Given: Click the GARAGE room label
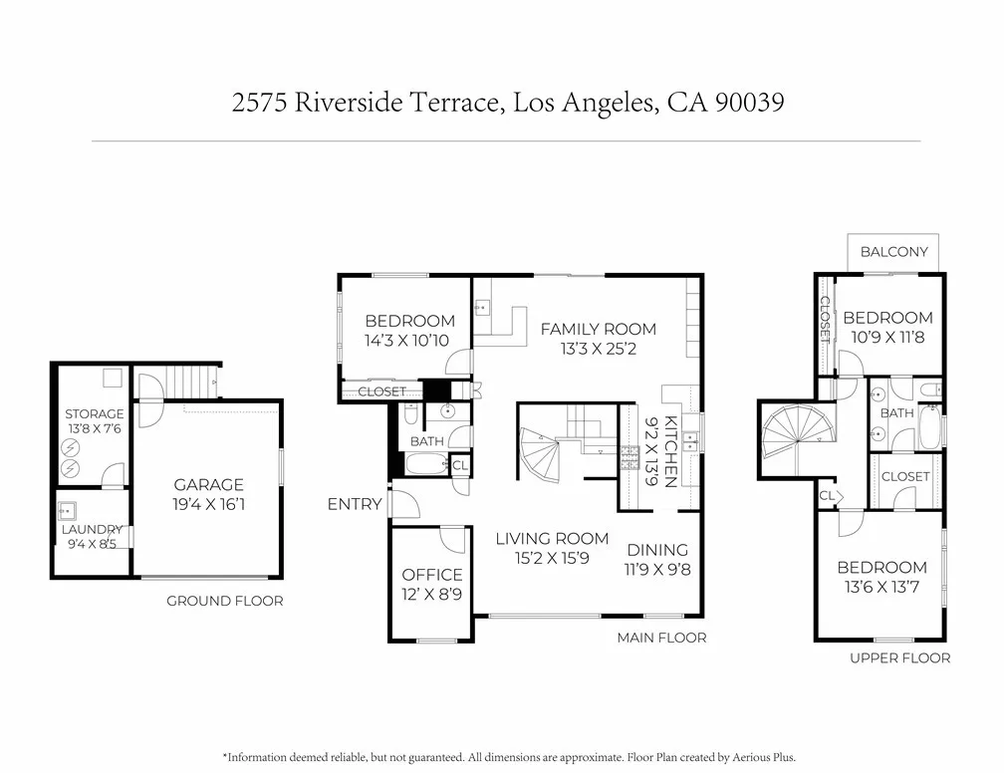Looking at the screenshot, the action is [x=209, y=484].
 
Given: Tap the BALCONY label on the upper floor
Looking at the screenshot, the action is [x=893, y=252].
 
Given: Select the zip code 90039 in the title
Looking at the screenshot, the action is [x=749, y=102].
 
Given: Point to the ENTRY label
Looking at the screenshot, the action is [x=355, y=504].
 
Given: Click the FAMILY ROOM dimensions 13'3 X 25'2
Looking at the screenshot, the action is [x=598, y=349].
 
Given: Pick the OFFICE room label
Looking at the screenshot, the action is [x=432, y=575].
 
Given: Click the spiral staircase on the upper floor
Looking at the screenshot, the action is [x=798, y=430].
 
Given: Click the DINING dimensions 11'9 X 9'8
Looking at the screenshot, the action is [x=657, y=570].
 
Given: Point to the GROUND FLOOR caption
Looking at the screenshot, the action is [x=225, y=601].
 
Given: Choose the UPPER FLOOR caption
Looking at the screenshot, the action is [x=900, y=657].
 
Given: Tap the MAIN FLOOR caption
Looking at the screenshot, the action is [x=662, y=638].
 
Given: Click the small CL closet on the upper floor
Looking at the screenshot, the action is [x=828, y=496].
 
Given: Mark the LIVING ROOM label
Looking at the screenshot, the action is [x=552, y=539].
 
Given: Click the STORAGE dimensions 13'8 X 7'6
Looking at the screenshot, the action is [x=94, y=428].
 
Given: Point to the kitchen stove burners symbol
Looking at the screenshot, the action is [x=629, y=457].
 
